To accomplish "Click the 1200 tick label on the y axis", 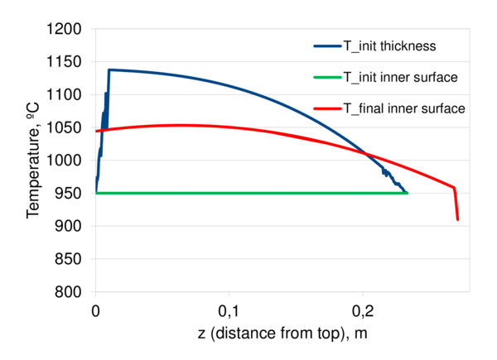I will (66, 29).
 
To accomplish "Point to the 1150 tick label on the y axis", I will (66, 62).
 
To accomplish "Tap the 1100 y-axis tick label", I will (66, 95).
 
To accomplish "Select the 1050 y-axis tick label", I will (66, 127).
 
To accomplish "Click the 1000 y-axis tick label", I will (66, 161).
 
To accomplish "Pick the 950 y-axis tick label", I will (70, 193).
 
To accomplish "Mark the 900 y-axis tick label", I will (70, 226).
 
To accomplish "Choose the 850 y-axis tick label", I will (70, 259).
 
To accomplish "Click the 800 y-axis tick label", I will (70, 291).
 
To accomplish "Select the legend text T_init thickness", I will (391, 46).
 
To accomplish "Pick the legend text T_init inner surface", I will (401, 77).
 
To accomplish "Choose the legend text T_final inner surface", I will (404, 108).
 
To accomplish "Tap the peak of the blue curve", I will (109, 70).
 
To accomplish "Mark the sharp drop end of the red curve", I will (457, 219).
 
